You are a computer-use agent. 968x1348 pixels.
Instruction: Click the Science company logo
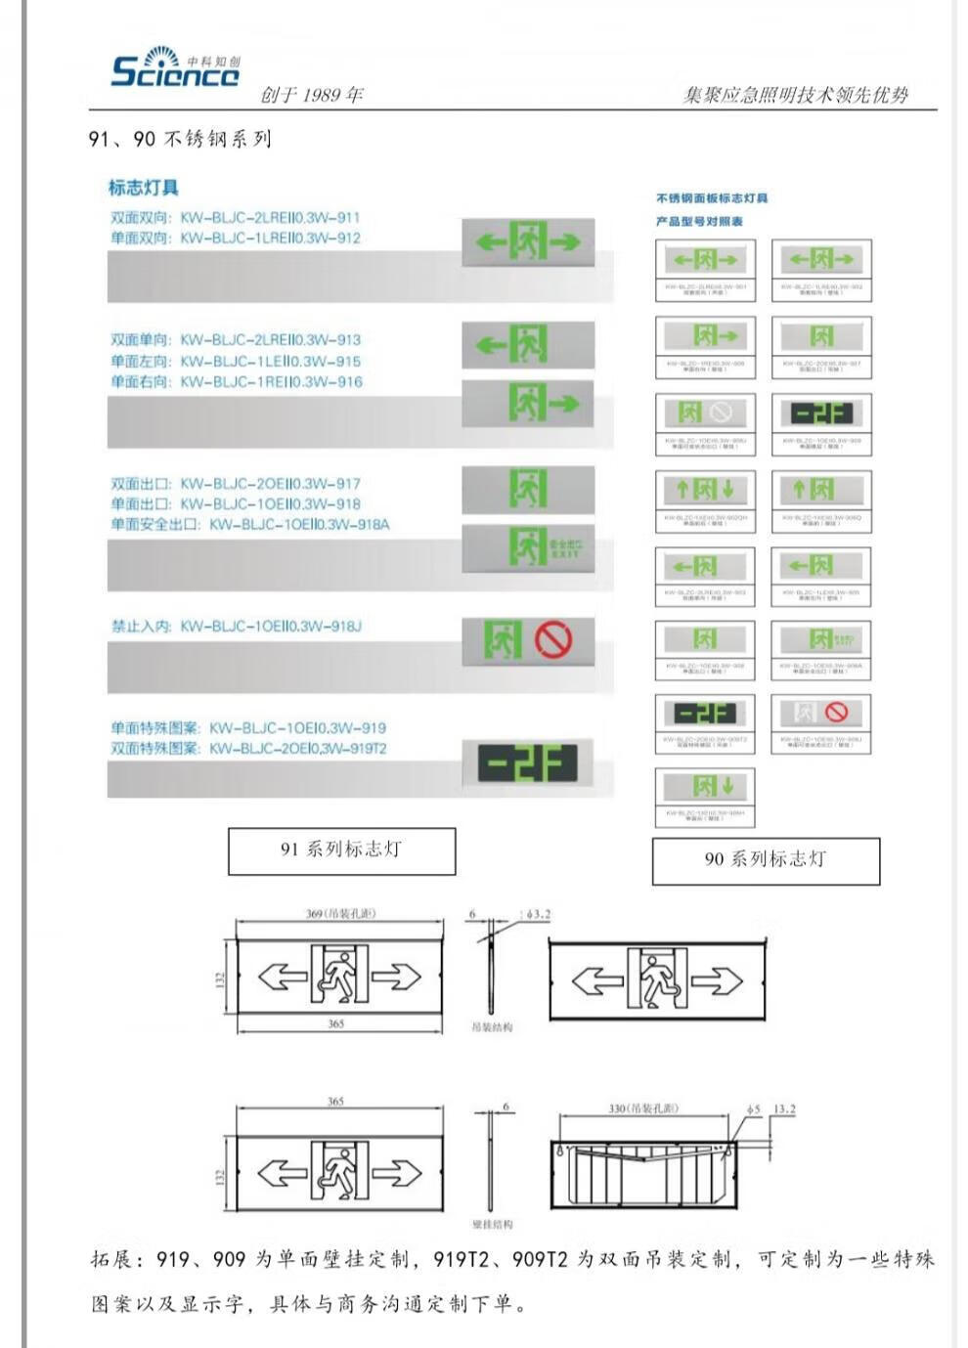(x=175, y=66)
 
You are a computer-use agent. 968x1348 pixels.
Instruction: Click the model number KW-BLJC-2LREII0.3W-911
(x=270, y=217)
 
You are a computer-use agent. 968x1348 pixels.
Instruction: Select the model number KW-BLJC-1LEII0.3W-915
(x=270, y=361)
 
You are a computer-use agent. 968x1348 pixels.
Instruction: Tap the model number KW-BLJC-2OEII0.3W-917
(x=270, y=483)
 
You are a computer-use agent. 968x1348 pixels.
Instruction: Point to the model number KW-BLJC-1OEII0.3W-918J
(x=270, y=626)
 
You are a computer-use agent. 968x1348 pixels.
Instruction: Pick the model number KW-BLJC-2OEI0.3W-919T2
(x=298, y=749)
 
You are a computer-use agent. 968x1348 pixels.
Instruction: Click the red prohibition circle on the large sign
(x=553, y=639)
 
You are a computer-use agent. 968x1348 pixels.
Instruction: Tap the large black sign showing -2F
(x=528, y=763)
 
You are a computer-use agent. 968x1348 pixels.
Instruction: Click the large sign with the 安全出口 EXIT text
(x=528, y=546)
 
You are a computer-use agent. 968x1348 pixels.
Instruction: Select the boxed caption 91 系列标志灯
(x=341, y=850)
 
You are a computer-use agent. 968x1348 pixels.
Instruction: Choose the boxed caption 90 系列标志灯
(x=766, y=860)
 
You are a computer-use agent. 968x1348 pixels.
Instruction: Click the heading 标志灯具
(x=144, y=187)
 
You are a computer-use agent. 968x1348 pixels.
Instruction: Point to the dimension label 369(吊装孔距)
(x=340, y=914)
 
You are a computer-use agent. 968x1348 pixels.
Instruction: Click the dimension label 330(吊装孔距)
(x=643, y=1109)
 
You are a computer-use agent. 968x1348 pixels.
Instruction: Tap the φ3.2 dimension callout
(x=538, y=914)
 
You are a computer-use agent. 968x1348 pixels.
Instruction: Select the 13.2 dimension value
(x=784, y=1109)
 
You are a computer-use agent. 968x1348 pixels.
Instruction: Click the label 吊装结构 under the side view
(x=492, y=1027)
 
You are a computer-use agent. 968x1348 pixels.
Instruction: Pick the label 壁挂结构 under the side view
(x=492, y=1224)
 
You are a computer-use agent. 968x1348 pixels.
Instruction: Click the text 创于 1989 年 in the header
(x=312, y=95)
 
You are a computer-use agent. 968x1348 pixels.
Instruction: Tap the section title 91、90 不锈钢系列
(x=180, y=139)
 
